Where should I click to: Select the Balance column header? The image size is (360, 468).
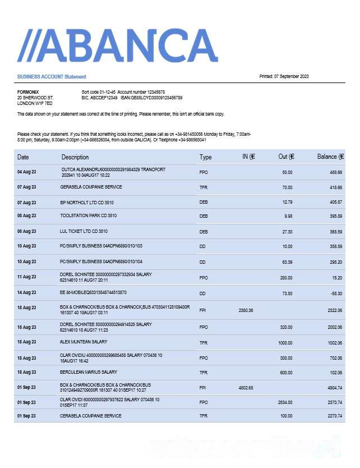(330, 157)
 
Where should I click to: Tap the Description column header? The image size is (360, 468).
(75, 157)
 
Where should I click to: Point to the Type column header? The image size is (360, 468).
(206, 157)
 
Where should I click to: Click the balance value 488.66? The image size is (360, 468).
(336, 172)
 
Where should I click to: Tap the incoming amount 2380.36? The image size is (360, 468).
(246, 310)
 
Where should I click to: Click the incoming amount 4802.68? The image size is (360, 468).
(246, 387)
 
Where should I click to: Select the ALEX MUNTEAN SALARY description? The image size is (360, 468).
(84, 342)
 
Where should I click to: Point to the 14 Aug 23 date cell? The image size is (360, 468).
(26, 293)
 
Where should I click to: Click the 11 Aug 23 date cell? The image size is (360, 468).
(26, 277)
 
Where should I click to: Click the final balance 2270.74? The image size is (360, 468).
(334, 416)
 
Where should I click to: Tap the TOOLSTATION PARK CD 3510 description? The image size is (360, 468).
(89, 215)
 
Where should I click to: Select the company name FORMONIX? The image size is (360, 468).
(28, 91)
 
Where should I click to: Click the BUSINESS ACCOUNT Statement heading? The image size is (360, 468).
(52, 76)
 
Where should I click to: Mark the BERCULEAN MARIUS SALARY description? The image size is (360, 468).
(89, 372)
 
